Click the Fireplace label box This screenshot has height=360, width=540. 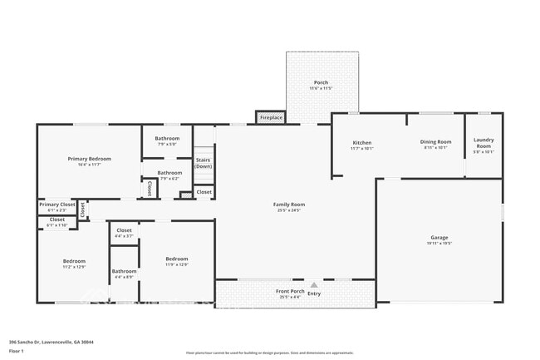pos(271,118)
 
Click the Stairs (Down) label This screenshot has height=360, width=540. pos(204,162)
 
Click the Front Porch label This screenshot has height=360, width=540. pos(289,292)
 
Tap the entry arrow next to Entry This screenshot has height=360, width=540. pos(314,284)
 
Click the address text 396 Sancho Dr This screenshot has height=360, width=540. pos(51,342)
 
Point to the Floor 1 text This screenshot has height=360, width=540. pos(17,352)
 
